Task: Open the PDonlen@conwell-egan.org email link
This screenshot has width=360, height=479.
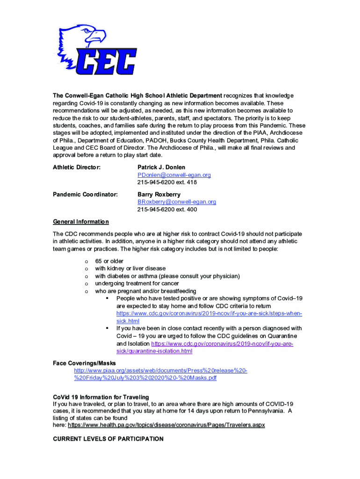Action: [174, 175]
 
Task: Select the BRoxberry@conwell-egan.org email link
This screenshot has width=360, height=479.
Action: [177, 202]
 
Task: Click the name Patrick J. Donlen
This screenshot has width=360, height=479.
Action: [161, 167]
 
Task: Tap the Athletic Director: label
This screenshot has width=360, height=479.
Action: [77, 167]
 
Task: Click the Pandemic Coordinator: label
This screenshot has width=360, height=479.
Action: [85, 194]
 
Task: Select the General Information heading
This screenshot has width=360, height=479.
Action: [81, 222]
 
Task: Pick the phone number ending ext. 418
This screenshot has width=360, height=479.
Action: [167, 182]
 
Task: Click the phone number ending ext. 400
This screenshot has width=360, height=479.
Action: [167, 210]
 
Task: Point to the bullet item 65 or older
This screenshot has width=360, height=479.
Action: [109, 261]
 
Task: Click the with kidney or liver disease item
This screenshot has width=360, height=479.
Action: [130, 269]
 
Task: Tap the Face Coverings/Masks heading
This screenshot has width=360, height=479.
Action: [84, 363]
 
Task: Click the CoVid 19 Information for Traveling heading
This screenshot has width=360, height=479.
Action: [101, 397]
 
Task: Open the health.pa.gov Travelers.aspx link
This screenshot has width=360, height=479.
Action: [166, 426]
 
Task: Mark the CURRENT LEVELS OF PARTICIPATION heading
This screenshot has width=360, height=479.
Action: [108, 439]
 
